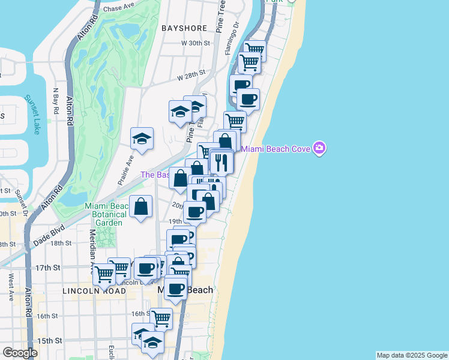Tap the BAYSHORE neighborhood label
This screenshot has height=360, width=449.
(184, 28)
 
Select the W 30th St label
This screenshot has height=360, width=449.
(196, 43)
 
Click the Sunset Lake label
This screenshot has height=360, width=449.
(31, 114)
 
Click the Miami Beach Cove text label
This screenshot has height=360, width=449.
(276, 149)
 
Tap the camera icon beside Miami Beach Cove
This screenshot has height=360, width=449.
(319, 148)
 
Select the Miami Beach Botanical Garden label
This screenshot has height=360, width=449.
(105, 214)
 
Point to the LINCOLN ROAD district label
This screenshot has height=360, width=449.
(94, 290)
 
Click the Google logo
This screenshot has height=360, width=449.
(20, 353)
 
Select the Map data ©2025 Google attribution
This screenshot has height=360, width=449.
(412, 355)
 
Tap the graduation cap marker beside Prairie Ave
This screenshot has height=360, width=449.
(142, 139)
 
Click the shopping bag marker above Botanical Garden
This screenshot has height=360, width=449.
(140, 207)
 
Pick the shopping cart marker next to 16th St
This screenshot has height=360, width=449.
(161, 318)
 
